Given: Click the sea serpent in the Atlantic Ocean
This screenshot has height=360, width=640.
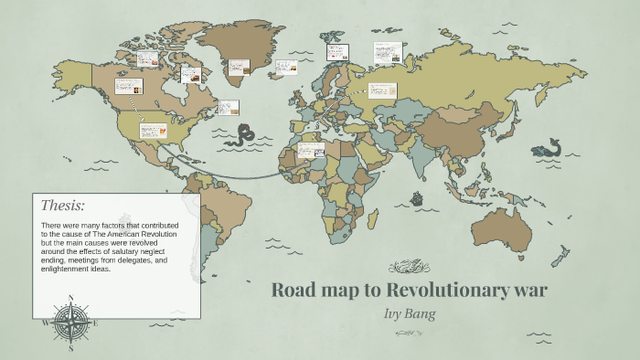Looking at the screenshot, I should pyautogui.click(x=242, y=136).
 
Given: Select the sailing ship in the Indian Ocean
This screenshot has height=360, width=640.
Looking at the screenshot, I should pyautogui.click(x=417, y=198).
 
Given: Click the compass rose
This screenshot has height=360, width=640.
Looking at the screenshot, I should pyautogui.click(x=71, y=322).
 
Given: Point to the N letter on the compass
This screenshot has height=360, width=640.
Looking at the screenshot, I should pyautogui.click(x=71, y=297).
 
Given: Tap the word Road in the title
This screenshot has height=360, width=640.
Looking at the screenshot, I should pyautogui.click(x=294, y=291).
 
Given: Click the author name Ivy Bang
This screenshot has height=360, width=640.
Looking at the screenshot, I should pyautogui.click(x=408, y=312).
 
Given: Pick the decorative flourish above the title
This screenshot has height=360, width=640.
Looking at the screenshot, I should pyautogui.click(x=409, y=267).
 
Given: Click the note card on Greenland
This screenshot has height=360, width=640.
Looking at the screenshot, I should pyautogui.click(x=240, y=68).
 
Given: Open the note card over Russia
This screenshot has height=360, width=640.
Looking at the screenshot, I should pyautogui.click(x=381, y=91).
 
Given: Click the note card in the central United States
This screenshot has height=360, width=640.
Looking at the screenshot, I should pyautogui.click(x=153, y=131).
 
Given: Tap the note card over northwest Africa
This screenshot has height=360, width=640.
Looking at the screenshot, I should pyautogui.click(x=311, y=150).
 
